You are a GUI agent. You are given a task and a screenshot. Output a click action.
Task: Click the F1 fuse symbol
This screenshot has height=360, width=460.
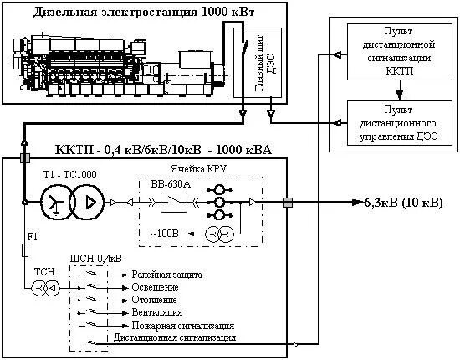coord(25,250)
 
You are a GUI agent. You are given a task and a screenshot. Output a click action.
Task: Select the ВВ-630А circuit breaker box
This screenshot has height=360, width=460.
coord(174,203)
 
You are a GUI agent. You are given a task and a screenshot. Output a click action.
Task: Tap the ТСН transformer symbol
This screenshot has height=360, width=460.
coord(45,288)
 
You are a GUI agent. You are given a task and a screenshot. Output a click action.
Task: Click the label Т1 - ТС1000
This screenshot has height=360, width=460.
coord(69,175)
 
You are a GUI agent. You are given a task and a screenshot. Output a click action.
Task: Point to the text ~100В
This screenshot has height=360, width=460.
coord(165,234)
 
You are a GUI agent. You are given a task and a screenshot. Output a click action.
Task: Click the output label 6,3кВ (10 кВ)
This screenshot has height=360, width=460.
coord(403,203)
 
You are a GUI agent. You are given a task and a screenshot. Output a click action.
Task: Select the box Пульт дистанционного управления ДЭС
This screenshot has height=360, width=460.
coord(400,123)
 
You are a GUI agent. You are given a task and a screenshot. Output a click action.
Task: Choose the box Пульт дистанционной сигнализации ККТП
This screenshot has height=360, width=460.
coord(400,52)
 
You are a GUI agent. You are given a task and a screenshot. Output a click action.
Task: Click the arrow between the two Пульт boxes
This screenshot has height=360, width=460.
coord(399,90)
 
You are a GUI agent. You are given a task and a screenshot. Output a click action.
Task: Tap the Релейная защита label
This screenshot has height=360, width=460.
coord(167,275)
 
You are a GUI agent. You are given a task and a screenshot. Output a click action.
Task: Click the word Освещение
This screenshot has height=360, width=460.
coord(155,287)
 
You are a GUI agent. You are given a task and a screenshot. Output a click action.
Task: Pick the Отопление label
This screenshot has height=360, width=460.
coord(155,300)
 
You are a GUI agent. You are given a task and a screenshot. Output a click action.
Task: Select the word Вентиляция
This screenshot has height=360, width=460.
coord(157,312)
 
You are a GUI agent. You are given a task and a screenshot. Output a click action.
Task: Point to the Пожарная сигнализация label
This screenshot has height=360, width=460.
coord(183,326)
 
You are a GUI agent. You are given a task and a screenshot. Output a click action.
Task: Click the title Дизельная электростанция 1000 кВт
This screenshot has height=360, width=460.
coord(144,12)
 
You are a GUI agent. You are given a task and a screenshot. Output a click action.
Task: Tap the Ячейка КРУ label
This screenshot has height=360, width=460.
coord(198,169)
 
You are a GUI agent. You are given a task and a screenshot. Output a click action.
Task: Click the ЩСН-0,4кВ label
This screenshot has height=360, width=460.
coord(96,259)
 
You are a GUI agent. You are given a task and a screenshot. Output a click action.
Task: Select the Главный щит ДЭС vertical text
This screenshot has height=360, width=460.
coord(265,63)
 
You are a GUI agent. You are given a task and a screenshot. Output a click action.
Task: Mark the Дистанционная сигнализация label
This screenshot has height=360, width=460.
coord(175,337)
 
